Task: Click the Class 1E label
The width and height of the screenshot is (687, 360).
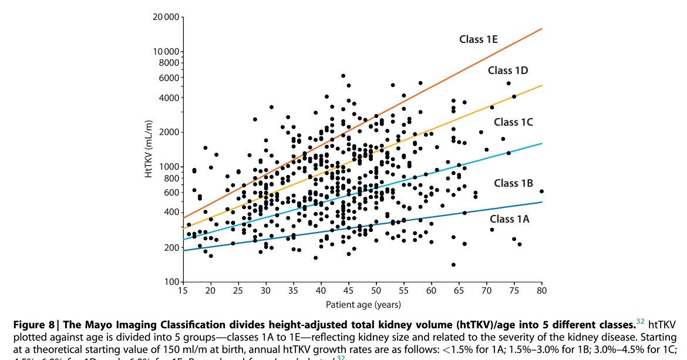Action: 478,39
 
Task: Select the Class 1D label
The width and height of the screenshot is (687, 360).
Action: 508,70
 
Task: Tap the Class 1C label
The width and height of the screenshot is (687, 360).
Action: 513,122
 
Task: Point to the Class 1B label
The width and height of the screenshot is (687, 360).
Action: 513,183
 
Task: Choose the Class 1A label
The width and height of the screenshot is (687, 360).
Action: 510,218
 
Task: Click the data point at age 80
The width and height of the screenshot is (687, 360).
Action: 541,191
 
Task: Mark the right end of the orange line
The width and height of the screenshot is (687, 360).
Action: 541,28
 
